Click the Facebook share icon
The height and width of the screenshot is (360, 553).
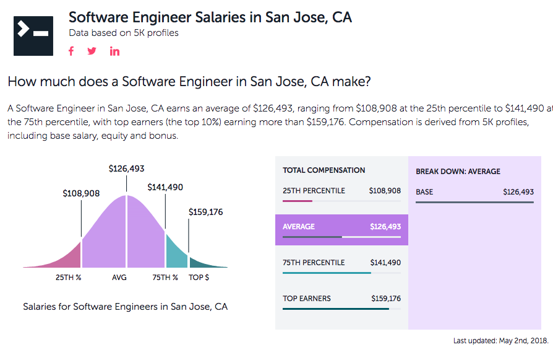[x=71, y=51]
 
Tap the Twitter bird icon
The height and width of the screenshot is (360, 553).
[x=92, y=51]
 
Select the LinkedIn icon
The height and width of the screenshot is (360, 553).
[x=114, y=51]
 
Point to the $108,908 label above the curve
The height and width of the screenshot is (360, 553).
[x=81, y=193]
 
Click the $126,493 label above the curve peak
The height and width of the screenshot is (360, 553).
[x=126, y=169]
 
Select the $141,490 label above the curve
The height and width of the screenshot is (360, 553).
[x=165, y=187]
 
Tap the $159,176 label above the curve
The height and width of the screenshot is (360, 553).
[x=205, y=212]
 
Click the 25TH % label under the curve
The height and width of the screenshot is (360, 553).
[x=69, y=278]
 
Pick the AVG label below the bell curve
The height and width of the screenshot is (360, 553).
[x=119, y=278]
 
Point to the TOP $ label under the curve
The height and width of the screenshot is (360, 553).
[x=199, y=278]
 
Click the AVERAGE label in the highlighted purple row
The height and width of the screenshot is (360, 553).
[x=299, y=227]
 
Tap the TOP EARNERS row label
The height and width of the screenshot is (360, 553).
[x=307, y=299]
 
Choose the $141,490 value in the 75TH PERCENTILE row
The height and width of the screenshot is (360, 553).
[x=385, y=263]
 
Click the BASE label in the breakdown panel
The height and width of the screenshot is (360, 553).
[x=424, y=192]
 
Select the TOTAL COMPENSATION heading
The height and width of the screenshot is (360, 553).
[x=324, y=170]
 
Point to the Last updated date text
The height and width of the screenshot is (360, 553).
[x=500, y=341]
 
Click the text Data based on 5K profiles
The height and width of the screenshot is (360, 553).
[x=124, y=33]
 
